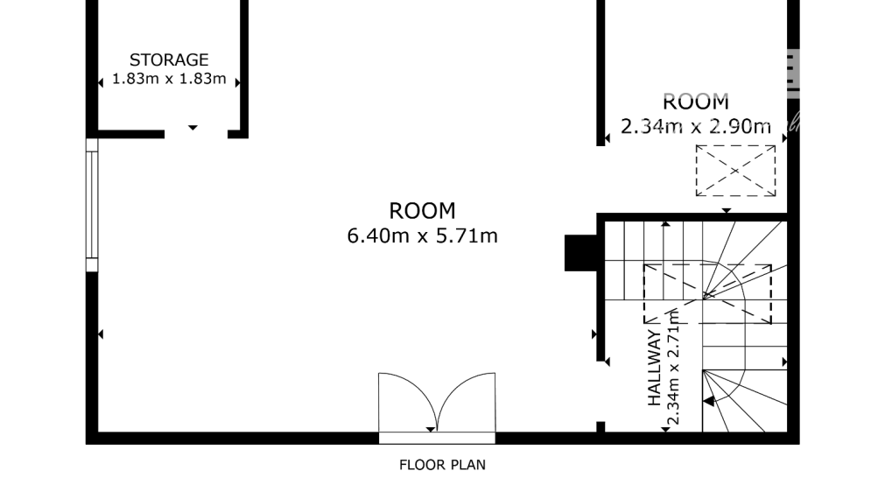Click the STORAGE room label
[169, 60]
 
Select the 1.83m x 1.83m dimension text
[169, 79]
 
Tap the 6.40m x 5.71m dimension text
[423, 235]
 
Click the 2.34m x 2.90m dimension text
[696, 126]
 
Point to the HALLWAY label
[654, 369]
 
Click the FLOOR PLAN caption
[442, 465]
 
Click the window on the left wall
[92, 204]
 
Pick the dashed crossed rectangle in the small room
[735, 171]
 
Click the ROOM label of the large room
[423, 211]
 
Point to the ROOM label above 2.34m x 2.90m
[696, 102]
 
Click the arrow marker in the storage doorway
[193, 128]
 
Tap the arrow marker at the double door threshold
[431, 429]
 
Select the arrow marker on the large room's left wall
[101, 334]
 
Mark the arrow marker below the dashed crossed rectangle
[726, 211]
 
